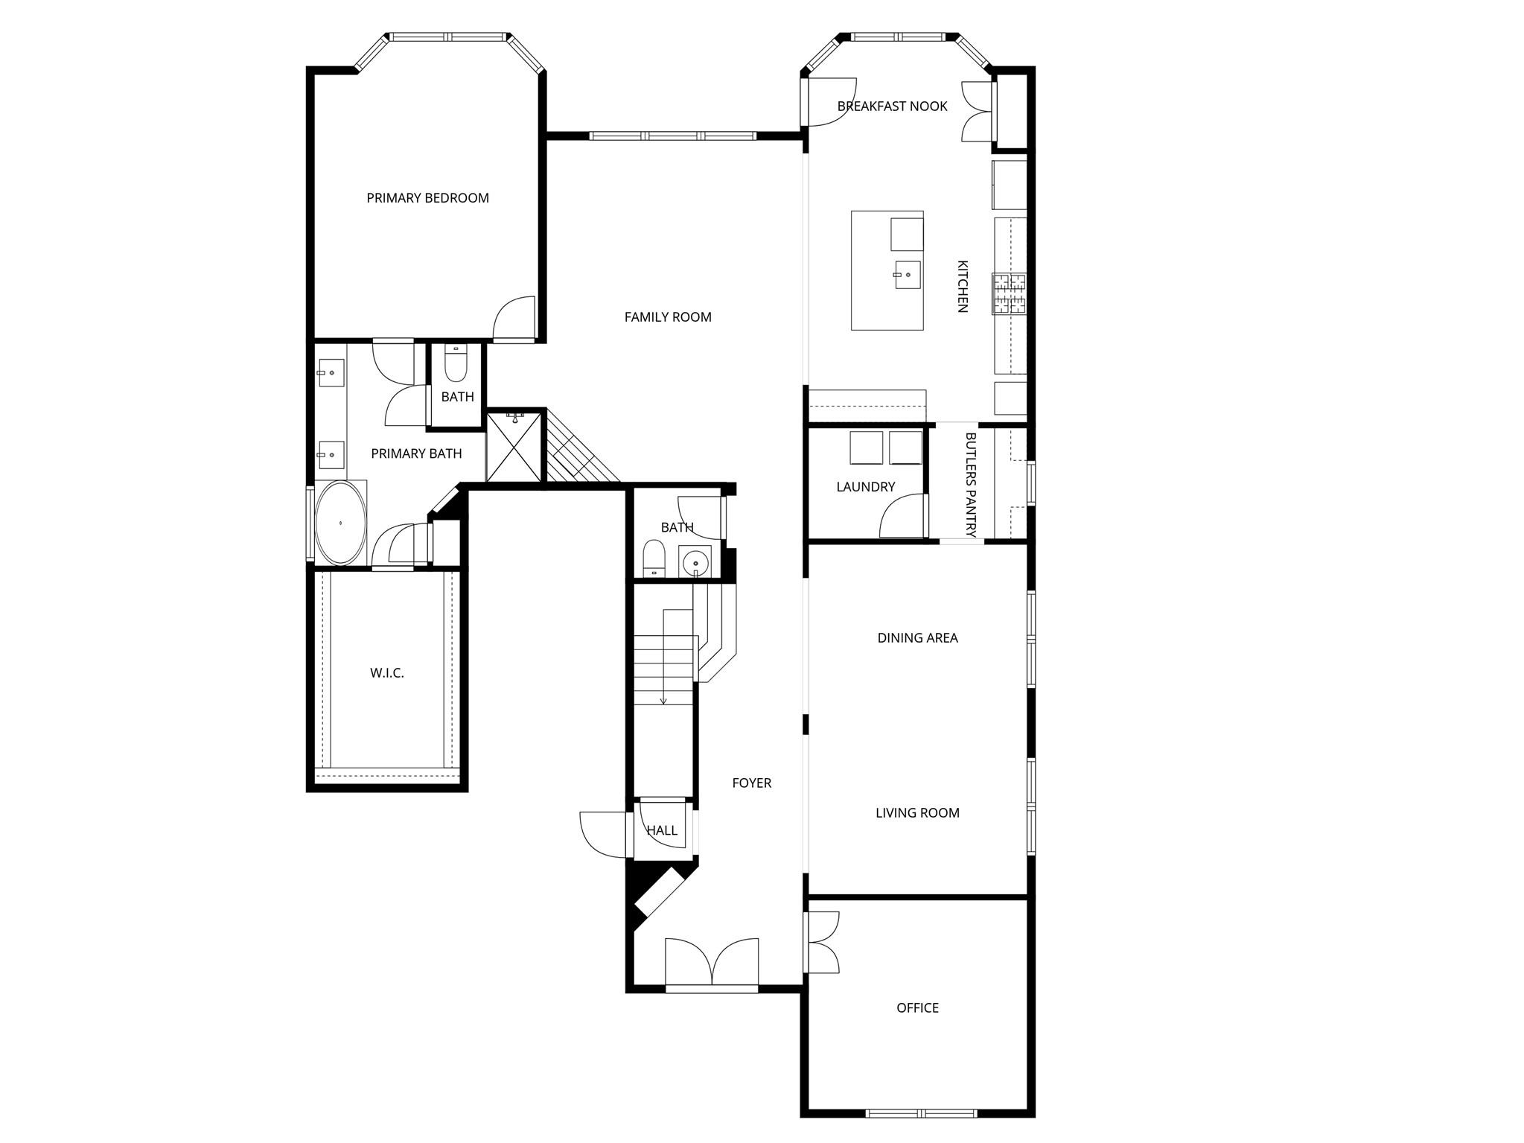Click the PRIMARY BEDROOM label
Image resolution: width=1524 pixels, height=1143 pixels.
[427, 198]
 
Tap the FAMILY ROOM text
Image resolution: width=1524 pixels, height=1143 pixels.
[668, 317]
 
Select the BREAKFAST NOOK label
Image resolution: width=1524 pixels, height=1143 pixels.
[892, 106]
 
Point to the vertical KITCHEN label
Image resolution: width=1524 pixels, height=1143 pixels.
[962, 286]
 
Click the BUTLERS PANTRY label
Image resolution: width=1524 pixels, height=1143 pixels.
[970, 485]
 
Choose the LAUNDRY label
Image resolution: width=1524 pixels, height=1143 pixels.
[865, 487]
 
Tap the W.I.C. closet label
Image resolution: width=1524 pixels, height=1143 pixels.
[387, 673]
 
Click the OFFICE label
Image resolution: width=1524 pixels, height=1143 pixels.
[917, 1008]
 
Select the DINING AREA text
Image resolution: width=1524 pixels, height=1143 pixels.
[917, 638]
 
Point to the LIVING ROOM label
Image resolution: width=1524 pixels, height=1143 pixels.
[917, 813]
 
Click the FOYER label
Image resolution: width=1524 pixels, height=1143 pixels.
[751, 783]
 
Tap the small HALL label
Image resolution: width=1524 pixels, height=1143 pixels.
[662, 831]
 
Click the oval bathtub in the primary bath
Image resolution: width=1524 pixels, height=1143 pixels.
[341, 523]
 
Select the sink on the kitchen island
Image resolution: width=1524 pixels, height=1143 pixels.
[908, 275]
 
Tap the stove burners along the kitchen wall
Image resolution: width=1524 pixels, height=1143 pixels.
[1009, 293]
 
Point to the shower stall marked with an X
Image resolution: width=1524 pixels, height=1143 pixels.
[514, 447]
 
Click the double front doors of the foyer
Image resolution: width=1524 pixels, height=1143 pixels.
[712, 964]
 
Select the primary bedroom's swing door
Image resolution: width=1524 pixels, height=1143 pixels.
[514, 318]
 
